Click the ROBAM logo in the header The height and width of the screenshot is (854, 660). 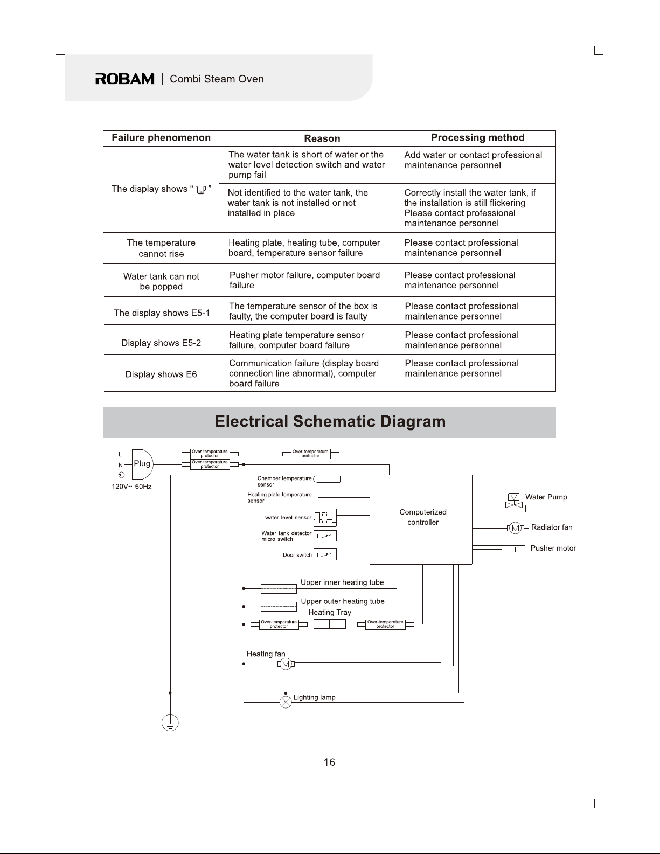point(125,79)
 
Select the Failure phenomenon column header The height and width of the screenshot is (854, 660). point(161,137)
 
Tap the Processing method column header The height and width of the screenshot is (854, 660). point(478,137)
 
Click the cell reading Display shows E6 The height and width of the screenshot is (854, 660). point(161,374)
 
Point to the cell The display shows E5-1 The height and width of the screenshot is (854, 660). point(162,313)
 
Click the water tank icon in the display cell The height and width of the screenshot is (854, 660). point(201,190)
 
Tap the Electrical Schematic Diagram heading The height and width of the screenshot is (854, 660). point(330,422)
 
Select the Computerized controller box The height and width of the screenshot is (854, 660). point(421,519)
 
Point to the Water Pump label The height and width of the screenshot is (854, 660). point(546,497)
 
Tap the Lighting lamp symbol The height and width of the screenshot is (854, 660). point(286,702)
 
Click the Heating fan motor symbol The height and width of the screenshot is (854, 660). point(286,664)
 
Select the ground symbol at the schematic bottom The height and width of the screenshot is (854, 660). point(170,723)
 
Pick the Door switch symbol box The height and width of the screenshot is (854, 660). point(325,554)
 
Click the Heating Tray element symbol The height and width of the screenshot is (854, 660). point(330,624)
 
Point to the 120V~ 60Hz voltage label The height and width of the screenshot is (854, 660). point(131,487)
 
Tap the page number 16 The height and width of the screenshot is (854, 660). point(329,762)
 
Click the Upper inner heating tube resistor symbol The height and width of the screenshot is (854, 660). point(279,589)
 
